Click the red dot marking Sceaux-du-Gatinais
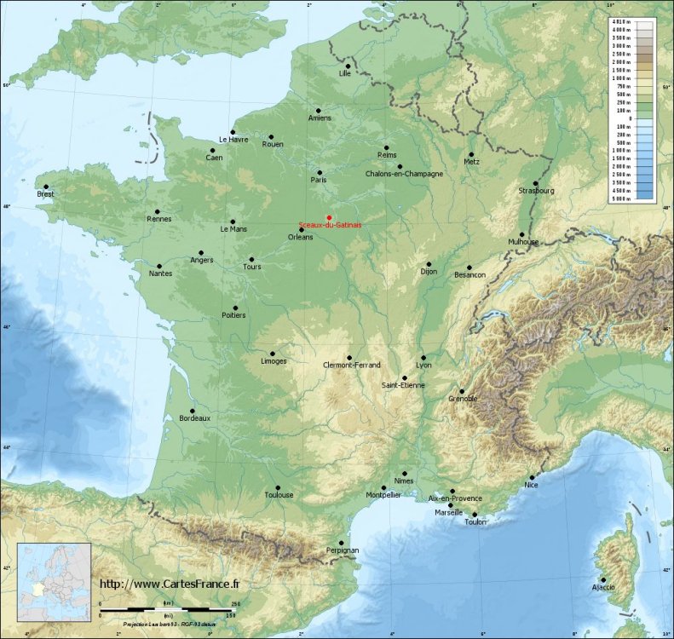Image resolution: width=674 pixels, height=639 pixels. pos(329,217)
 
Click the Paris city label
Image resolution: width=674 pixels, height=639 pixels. pos(320,181)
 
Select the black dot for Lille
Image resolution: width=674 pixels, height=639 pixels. pos(348,66)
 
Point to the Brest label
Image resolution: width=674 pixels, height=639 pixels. pos(45,194)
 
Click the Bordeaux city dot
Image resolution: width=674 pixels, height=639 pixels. pos(193,411)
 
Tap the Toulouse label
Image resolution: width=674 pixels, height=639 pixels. pos(279,495)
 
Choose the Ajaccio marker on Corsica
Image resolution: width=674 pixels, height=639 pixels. pos(603,580)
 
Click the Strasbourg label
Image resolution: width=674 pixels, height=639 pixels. pos(536,191)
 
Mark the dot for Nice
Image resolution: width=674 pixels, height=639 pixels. pos(533,478)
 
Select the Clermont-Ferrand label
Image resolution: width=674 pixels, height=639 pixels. pos(352,365)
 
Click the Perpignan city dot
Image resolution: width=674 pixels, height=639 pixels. pos(342,543)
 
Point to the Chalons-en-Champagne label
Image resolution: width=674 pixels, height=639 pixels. pos(404,174)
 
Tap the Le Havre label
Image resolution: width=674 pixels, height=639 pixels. pos(233,140)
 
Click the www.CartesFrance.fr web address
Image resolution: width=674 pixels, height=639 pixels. pos(171,584)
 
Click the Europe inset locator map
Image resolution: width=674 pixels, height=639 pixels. pos(54,583)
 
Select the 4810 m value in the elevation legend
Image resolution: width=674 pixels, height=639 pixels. pos(620,21)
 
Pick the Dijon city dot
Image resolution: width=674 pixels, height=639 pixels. pos(429,264)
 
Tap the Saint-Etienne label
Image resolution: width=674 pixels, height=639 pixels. pos(403,386)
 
